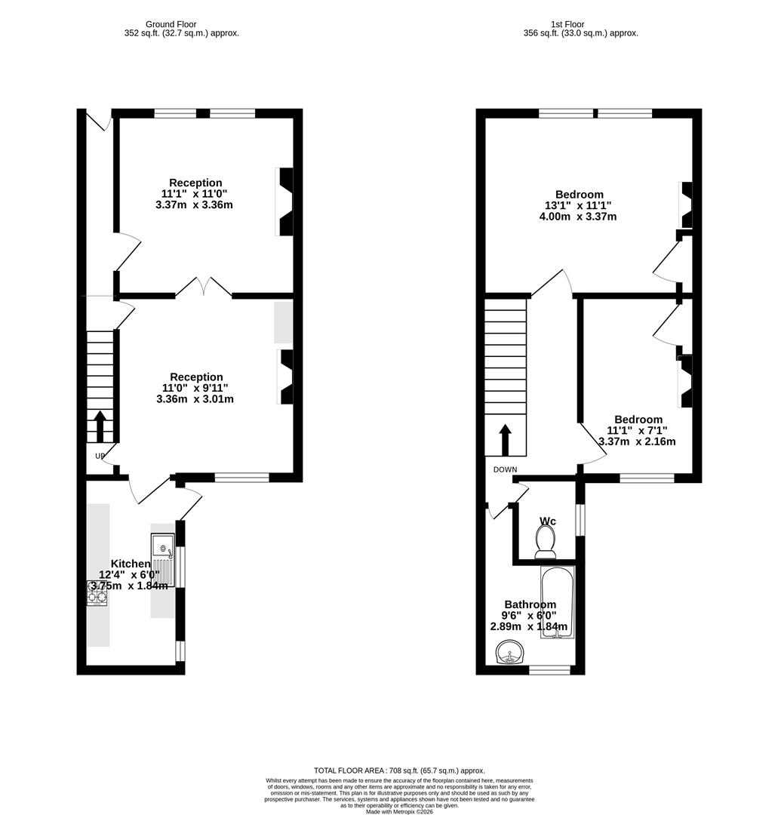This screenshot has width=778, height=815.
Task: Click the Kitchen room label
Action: coord(131,564)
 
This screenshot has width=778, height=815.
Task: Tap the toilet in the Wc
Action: coord(545,540)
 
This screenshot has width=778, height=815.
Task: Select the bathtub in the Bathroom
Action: coord(558,603)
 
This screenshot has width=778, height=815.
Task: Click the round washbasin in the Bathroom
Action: coord(510,653)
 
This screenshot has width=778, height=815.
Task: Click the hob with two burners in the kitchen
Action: coord(97,598)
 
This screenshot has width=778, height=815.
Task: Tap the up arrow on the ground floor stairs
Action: coord(100,426)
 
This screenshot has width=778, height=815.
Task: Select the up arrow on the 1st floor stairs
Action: coord(505,439)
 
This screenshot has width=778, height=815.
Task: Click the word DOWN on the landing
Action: coord(506,469)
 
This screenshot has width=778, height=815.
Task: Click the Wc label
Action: coord(548,521)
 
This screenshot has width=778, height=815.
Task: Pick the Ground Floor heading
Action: coord(171,24)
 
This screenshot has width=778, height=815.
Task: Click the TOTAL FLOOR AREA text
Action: coord(399,770)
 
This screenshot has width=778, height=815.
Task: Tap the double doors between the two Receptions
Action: coord(204,287)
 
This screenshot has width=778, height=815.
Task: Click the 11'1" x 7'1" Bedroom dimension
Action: coord(638,431)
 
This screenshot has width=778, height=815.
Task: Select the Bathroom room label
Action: coord(530,604)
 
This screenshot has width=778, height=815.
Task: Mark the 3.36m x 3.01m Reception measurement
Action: coord(195,399)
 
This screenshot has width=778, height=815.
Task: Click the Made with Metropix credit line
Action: coord(401,811)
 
